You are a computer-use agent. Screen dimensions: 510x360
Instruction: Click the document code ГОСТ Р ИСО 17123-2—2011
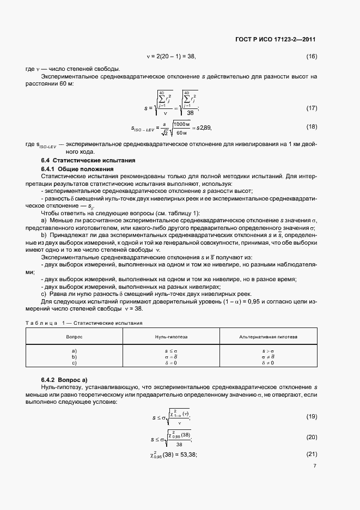tap(278, 40)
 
